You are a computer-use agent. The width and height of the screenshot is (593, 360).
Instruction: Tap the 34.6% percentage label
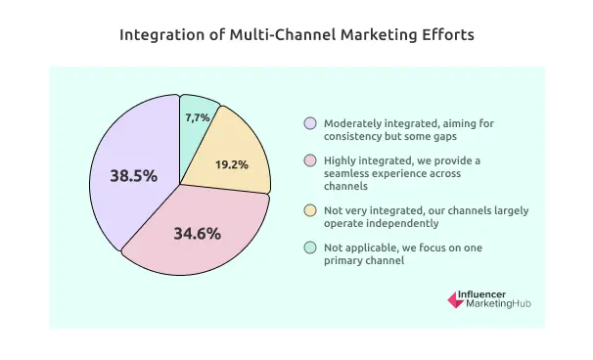click(x=198, y=234)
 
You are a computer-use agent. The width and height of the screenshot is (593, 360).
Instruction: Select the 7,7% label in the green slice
click(x=200, y=117)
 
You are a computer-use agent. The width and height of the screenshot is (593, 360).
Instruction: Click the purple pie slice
click(x=127, y=147)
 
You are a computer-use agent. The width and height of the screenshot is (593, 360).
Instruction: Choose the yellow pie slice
click(x=240, y=147)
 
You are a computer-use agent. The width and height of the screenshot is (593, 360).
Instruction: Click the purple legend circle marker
click(x=310, y=124)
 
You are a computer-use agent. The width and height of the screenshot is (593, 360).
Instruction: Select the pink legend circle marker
click(x=310, y=158)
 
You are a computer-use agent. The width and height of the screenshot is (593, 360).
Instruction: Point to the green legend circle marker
click(x=310, y=247)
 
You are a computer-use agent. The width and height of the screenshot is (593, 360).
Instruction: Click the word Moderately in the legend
click(x=353, y=124)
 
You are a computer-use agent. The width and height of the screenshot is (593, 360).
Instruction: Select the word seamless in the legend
click(x=348, y=172)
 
